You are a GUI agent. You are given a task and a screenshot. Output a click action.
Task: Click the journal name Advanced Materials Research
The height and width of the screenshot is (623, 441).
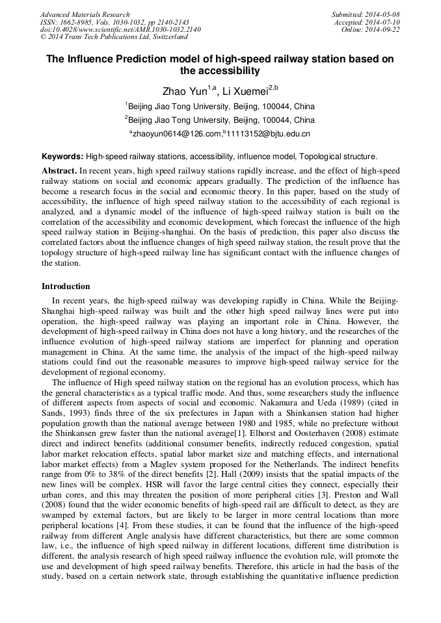pyautogui.click(x=85, y=14)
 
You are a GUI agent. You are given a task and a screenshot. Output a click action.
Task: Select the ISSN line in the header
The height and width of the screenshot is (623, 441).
pyautogui.click(x=114, y=22)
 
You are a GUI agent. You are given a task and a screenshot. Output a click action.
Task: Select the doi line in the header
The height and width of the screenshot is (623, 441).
pyautogui.click(x=120, y=30)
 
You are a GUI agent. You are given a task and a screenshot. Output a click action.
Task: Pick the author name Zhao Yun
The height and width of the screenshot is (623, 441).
pyautogui.click(x=184, y=91)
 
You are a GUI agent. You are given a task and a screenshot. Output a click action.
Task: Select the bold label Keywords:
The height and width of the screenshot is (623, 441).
pyautogui.click(x=62, y=157)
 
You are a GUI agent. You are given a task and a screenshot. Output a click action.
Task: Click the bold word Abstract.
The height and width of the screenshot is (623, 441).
pyautogui.click(x=59, y=170)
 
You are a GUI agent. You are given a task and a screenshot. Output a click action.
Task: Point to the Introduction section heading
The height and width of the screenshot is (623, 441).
pyautogui.click(x=66, y=286)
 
